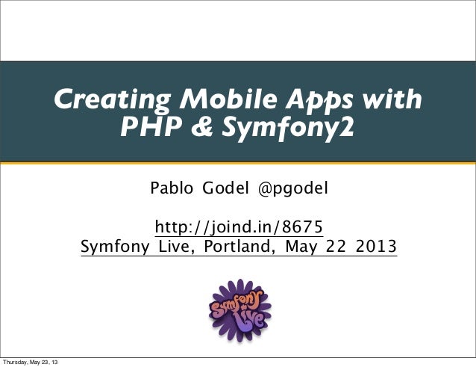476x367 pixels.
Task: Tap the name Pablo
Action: pos(172,190)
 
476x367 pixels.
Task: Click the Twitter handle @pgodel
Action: pos(292,190)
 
